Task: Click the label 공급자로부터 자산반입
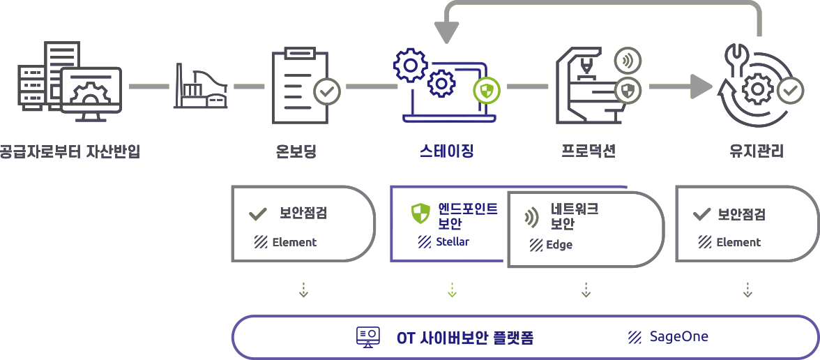click(70, 151)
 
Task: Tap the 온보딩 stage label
click(296, 151)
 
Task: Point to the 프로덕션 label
click(589, 151)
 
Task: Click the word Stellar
click(453, 242)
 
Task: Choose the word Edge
click(559, 245)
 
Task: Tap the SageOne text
click(678, 337)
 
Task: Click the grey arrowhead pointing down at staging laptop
click(446, 31)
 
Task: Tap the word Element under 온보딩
click(294, 242)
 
